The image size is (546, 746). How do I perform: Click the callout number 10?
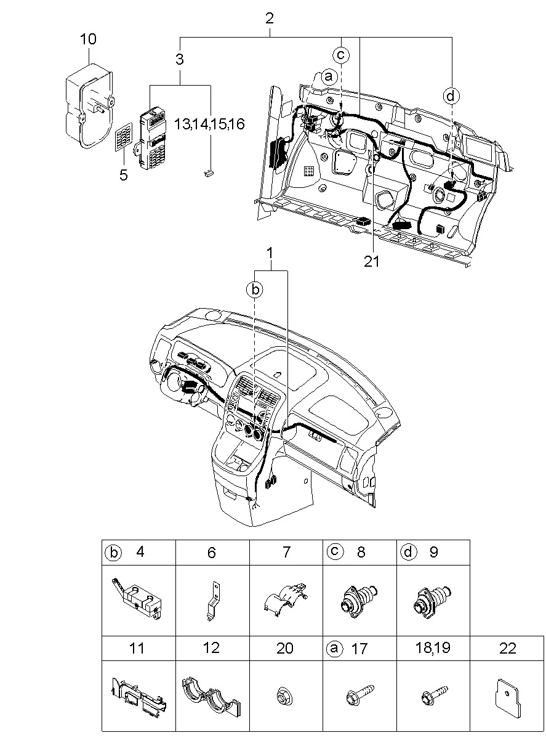pyautogui.click(x=88, y=39)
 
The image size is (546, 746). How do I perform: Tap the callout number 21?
pyautogui.click(x=371, y=261)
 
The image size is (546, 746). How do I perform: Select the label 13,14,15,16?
pyautogui.click(x=209, y=124)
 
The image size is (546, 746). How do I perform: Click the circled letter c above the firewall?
pyautogui.click(x=341, y=54)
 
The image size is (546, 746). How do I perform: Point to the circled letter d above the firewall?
pyautogui.click(x=451, y=96)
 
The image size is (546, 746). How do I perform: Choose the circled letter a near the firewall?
pyautogui.click(x=329, y=77)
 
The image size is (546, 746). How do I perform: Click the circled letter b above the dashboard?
pyautogui.click(x=255, y=290)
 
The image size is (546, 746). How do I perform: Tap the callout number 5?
pyautogui.click(x=124, y=174)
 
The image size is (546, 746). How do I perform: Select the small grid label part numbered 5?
pyautogui.click(x=124, y=137)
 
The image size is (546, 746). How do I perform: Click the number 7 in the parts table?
pyautogui.click(x=286, y=552)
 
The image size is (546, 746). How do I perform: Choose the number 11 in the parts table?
pyautogui.click(x=137, y=649)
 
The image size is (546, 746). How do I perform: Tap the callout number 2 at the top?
pyautogui.click(x=270, y=18)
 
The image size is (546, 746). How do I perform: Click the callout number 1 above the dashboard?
pyautogui.click(x=270, y=253)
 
